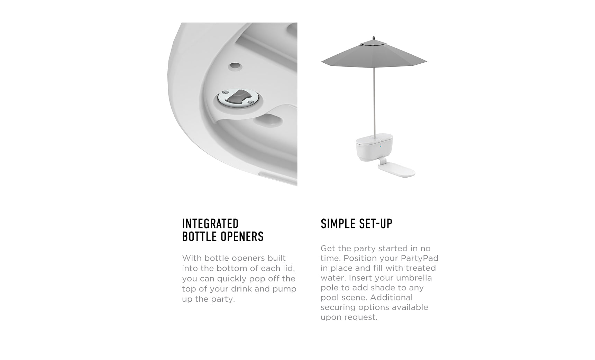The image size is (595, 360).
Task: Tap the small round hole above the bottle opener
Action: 235,65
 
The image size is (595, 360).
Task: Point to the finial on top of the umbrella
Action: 374,38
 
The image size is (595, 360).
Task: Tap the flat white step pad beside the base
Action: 397,170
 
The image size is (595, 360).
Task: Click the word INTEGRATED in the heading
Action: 210,224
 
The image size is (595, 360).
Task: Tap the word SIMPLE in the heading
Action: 337,224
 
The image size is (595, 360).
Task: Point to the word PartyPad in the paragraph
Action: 420,258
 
